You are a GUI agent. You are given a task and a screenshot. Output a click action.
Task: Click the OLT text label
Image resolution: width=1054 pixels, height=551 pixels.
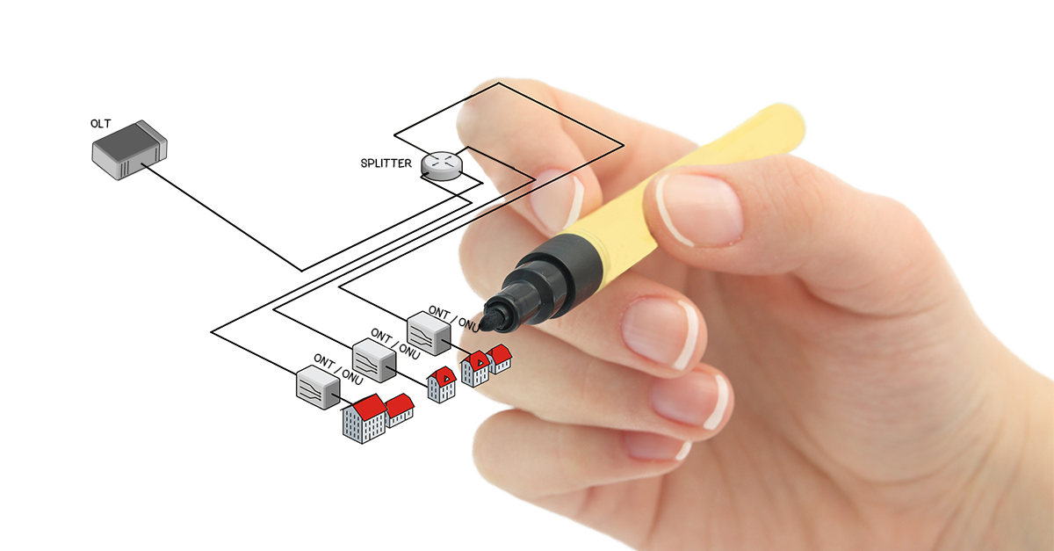pyautogui.click(x=101, y=124)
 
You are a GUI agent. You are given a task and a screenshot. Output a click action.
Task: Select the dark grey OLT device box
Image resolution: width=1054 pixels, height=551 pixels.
pyautogui.click(x=129, y=150)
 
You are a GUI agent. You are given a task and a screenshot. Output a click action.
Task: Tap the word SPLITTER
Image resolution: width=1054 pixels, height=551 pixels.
pyautogui.click(x=386, y=163)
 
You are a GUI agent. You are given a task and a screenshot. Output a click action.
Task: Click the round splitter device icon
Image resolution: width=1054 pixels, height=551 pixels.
pyautogui.click(x=441, y=166)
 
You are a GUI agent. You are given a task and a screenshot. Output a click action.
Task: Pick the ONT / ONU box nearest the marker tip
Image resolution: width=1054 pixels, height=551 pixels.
pyautogui.click(x=429, y=333)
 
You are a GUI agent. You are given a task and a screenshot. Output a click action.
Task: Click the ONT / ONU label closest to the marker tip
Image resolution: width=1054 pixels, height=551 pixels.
pyautogui.click(x=454, y=319)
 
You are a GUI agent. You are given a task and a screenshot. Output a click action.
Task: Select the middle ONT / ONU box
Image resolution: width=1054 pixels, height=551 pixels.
pyautogui.click(x=374, y=360)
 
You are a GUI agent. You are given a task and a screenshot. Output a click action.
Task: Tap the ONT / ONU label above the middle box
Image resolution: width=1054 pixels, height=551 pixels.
pyautogui.click(x=395, y=344)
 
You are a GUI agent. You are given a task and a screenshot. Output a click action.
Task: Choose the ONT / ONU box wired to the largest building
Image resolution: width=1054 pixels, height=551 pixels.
pyautogui.click(x=318, y=388)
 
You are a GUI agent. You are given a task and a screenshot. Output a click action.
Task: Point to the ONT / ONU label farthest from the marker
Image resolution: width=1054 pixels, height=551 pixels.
pyautogui.click(x=338, y=370)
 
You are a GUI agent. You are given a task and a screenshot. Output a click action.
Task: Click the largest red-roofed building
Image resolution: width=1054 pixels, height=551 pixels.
pyautogui.click(x=365, y=419)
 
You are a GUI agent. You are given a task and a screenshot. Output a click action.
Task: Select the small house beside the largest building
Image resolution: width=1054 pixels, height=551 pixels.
pyautogui.click(x=400, y=410)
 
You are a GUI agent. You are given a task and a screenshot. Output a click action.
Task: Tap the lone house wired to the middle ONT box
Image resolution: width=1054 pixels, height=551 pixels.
pyautogui.click(x=442, y=385)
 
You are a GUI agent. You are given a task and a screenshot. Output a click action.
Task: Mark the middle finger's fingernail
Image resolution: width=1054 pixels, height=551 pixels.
pyautogui.click(x=660, y=333)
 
